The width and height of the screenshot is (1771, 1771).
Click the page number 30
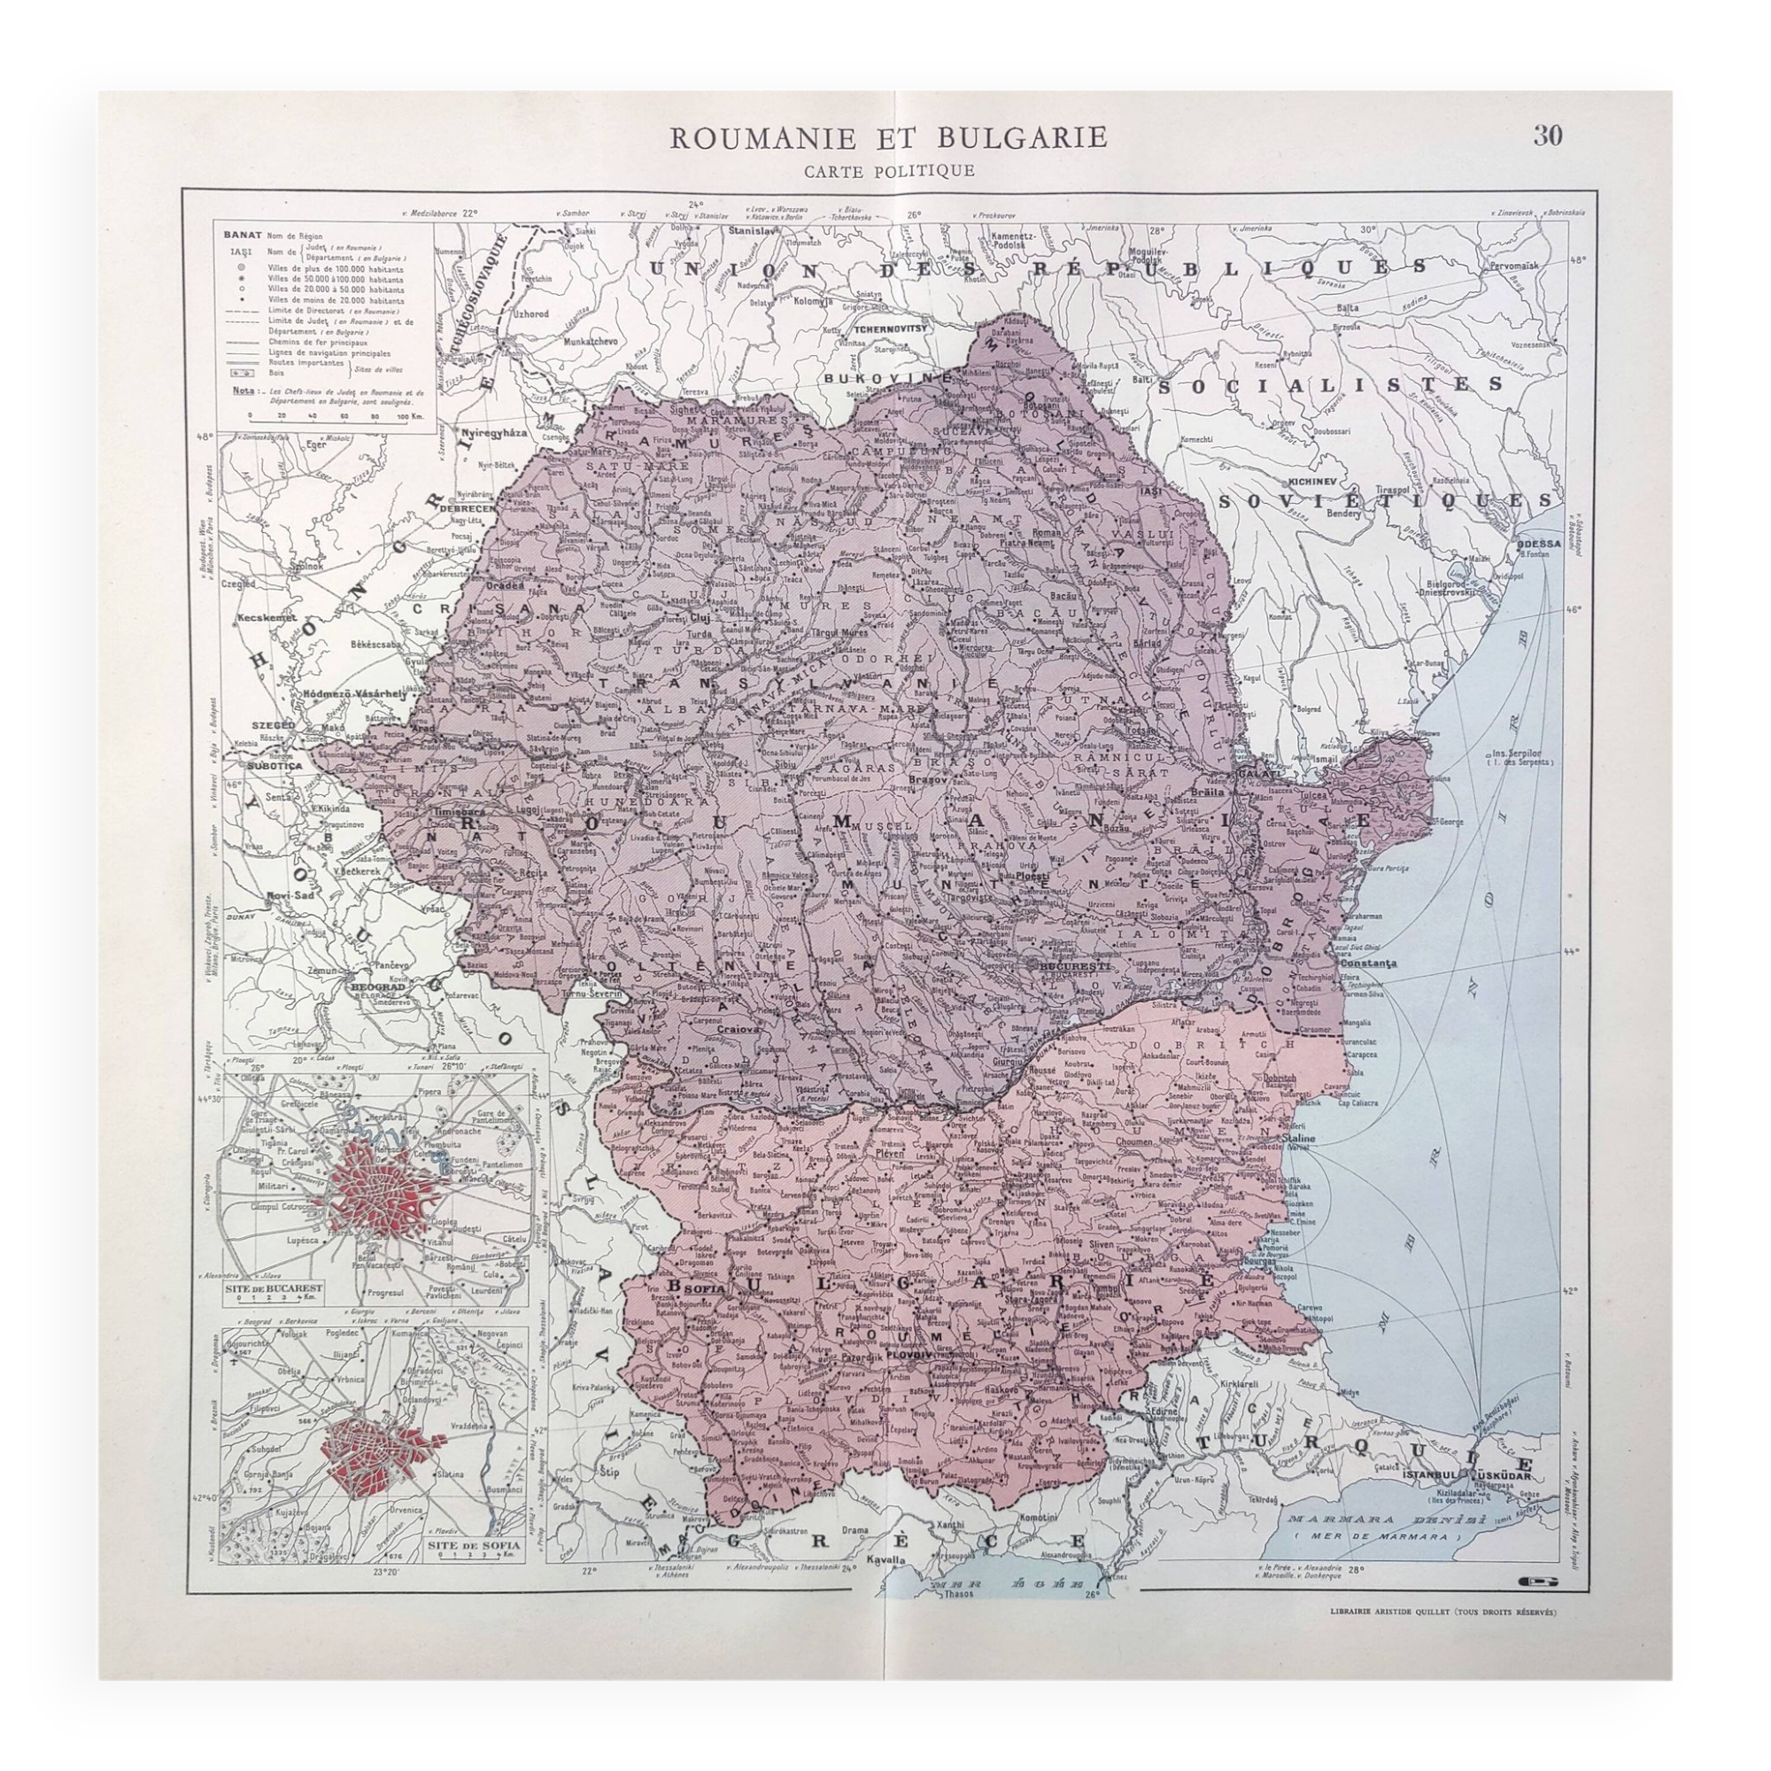(1547, 135)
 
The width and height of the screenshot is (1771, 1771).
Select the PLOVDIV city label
(955, 1353)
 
